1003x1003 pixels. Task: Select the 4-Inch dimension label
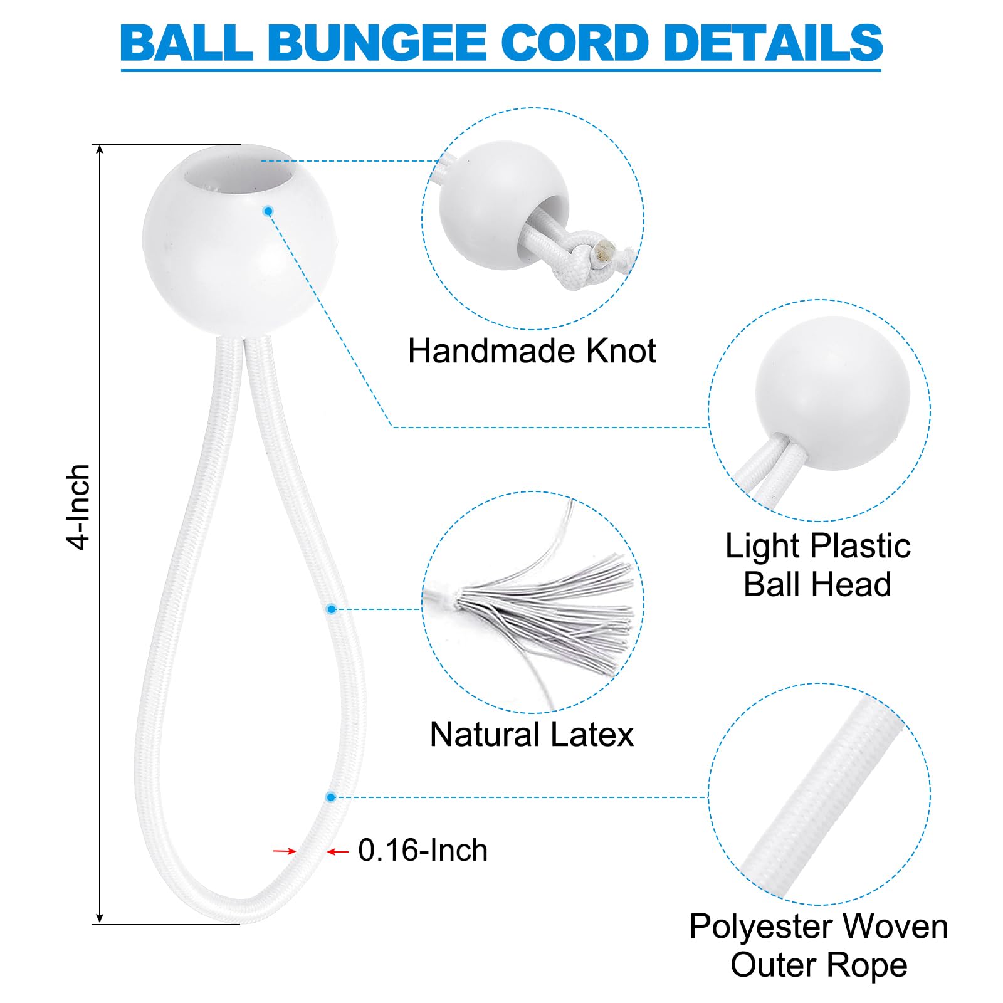[79, 507]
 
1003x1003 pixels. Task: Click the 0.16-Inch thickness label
[423, 850]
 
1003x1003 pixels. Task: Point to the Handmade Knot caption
[532, 350]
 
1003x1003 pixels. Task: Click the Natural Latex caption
[532, 734]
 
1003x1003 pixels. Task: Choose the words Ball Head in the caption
[817, 584]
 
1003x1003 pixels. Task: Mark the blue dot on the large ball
[268, 211]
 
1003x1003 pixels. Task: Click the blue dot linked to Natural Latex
[332, 609]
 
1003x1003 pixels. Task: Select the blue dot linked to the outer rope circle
[331, 797]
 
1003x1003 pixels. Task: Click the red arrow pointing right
[285, 851]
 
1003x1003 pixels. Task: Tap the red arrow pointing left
[338, 851]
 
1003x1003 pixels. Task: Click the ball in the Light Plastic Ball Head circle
[832, 394]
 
